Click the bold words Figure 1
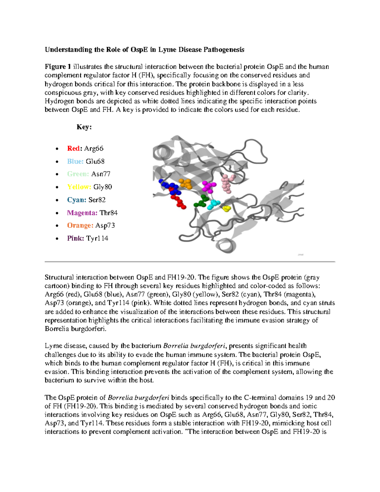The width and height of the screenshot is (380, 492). tap(58, 67)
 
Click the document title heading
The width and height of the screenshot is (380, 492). tap(144, 49)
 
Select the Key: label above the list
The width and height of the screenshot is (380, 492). tap(84, 127)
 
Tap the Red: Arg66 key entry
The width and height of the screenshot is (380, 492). tap(85, 149)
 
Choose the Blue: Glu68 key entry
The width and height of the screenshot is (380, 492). tap(86, 162)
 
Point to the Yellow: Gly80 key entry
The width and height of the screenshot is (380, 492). tap(90, 187)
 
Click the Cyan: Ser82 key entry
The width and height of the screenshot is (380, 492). tap(86, 200)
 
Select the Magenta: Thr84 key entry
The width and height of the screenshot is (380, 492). tap(92, 213)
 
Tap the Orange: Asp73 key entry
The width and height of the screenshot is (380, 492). tap(91, 226)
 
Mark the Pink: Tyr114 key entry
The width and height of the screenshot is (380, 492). tap(87, 239)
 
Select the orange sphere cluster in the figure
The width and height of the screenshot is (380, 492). tap(186, 183)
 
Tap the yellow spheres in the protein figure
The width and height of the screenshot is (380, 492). tap(226, 208)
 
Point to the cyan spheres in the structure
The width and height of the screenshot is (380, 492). tap(214, 204)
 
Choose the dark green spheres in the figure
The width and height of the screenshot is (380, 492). tap(201, 201)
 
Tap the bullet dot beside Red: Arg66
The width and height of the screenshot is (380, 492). tap(57, 149)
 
